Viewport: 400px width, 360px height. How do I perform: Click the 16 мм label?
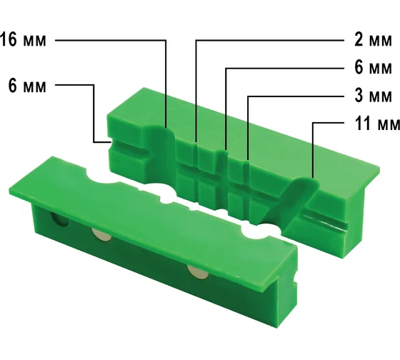click(x=23, y=40)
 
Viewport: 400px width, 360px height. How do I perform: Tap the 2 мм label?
click(x=373, y=40)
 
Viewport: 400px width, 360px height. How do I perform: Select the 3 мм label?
click(x=373, y=96)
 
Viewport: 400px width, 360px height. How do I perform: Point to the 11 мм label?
click(x=377, y=124)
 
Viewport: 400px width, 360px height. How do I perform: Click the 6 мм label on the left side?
click(x=27, y=86)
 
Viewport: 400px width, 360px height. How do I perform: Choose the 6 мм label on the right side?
click(x=373, y=68)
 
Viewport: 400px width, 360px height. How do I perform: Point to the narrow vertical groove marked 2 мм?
click(x=196, y=174)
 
